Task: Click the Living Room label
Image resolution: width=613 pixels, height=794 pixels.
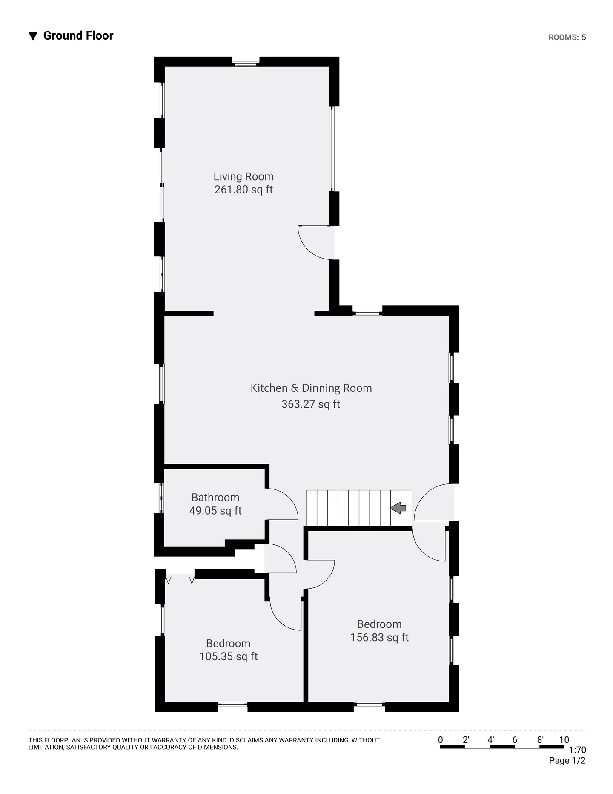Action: point(243,176)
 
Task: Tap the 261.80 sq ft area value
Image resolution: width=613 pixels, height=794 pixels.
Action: point(243,190)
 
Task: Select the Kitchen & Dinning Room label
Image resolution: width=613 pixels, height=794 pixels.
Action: point(311,388)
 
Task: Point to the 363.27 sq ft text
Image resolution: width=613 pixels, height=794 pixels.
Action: point(311,404)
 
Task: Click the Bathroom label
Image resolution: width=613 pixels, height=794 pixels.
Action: point(215,497)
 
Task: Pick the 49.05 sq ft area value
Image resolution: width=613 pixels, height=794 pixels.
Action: point(215,510)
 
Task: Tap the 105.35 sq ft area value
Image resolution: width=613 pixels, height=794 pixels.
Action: point(229,656)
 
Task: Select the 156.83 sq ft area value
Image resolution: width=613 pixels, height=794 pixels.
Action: point(379,637)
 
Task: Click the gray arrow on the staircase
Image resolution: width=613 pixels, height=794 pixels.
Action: point(398,508)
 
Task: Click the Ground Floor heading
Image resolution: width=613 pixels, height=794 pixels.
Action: point(78,36)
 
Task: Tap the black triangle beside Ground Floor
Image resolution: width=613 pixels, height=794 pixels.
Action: point(33,36)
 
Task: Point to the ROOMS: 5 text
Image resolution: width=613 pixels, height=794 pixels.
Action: point(567,37)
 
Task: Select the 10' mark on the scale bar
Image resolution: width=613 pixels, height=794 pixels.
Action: point(564,740)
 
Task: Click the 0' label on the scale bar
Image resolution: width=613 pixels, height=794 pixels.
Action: point(441,740)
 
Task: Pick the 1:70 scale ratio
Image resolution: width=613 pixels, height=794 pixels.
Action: point(578,750)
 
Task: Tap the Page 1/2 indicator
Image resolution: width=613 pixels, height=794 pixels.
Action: point(567,761)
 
